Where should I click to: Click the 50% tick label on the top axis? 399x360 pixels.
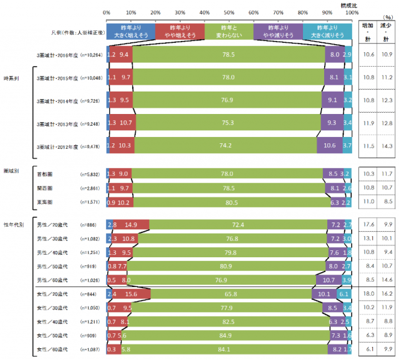click(229, 12)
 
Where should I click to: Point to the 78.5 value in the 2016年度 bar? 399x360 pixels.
click(229, 55)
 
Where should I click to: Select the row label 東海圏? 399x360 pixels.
click(46, 185)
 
